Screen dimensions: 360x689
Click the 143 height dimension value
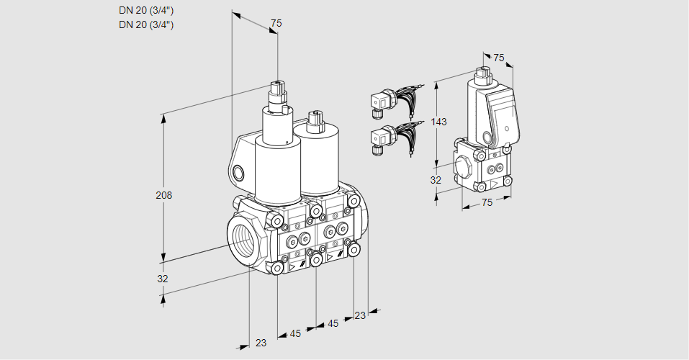438,122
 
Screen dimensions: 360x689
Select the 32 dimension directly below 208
163,279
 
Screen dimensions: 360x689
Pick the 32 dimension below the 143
436,180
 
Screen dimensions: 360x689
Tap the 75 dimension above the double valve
276,24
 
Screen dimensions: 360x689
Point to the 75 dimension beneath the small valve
487,203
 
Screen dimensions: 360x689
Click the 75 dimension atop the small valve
499,58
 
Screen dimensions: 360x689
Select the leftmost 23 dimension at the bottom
261,343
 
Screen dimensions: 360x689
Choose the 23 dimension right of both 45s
360,315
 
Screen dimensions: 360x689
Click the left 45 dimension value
295,333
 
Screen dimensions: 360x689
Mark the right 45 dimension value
333,324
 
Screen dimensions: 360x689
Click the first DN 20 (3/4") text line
146,10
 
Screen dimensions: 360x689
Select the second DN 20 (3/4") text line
146,24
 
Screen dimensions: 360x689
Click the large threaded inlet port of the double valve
240,238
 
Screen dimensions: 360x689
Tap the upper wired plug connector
380,102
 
